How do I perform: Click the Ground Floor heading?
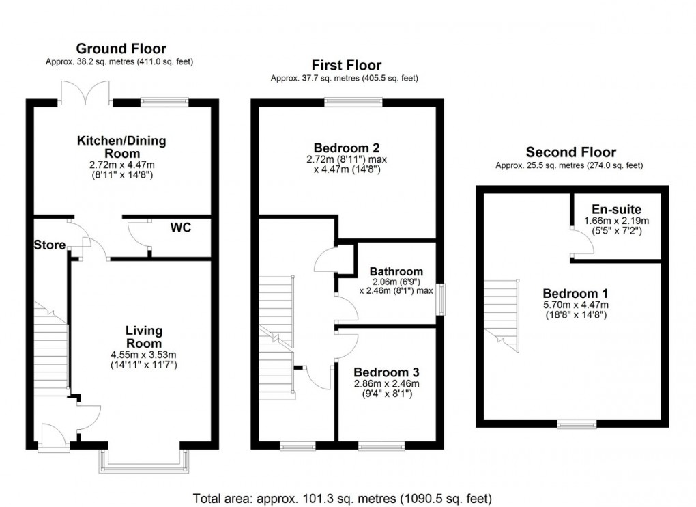121,49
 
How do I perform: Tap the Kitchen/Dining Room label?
121,146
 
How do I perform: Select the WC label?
180,227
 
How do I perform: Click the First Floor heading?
346,66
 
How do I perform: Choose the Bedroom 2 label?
346,148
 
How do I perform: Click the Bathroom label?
396,271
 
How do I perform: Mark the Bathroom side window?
441,299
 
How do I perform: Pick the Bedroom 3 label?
386,372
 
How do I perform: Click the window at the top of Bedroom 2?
353,102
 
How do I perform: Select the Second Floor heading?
570,152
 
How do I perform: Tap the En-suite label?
617,208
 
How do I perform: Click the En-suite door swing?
579,241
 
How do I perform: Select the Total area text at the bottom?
343,497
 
